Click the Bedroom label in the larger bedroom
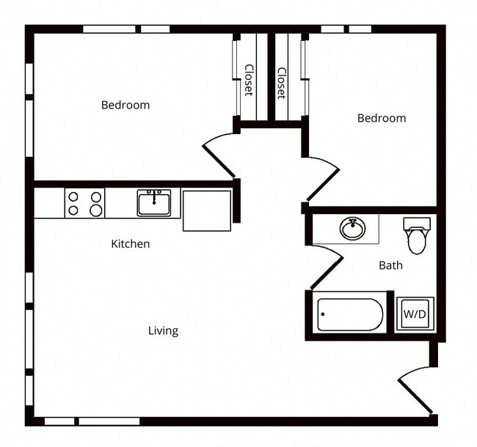click(x=125, y=105)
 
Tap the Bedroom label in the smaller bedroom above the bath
click(x=381, y=118)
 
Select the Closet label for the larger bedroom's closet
click(x=248, y=79)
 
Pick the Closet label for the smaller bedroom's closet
click(x=281, y=83)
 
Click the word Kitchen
click(x=130, y=243)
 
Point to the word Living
click(x=163, y=330)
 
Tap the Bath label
click(x=390, y=265)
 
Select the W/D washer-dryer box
click(x=414, y=314)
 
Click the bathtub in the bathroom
click(x=350, y=315)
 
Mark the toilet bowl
click(x=417, y=241)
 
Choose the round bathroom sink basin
click(x=352, y=229)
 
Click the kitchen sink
click(x=154, y=202)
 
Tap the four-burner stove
click(x=84, y=203)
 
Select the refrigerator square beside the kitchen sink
click(x=206, y=210)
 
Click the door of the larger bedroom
click(x=219, y=155)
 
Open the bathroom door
click(x=327, y=267)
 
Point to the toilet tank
click(x=416, y=224)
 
